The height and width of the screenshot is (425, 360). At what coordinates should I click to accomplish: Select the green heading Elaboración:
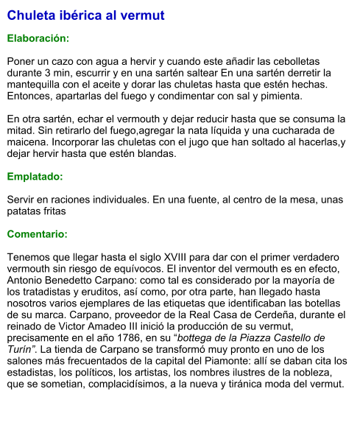[38, 38]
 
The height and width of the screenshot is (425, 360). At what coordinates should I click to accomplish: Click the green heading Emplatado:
[35, 177]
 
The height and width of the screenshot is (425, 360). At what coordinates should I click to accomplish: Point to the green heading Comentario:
[37, 234]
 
